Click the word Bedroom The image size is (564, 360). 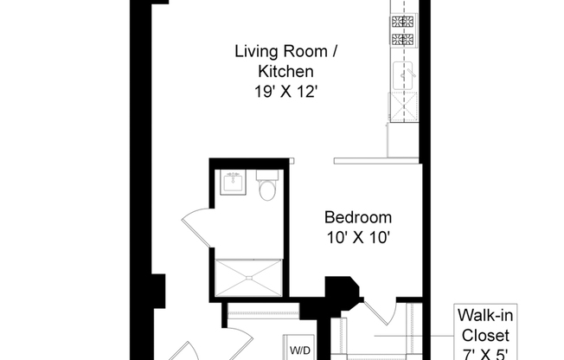click(x=357, y=217)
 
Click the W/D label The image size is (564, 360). click(x=300, y=350)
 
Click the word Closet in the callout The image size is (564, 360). click(x=485, y=336)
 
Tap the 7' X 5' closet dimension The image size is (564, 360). click(x=485, y=353)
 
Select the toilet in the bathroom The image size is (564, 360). click(x=267, y=186)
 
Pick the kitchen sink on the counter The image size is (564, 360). click(x=404, y=75)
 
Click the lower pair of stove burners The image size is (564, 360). click(x=403, y=42)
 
